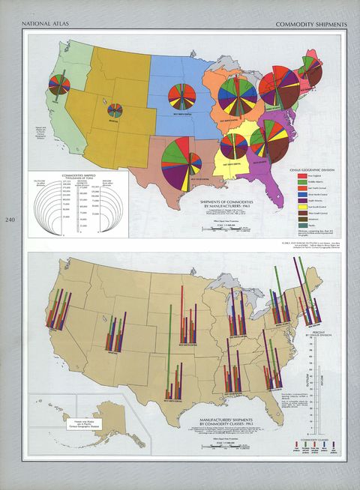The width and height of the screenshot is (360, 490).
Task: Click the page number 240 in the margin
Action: (x=9, y=220)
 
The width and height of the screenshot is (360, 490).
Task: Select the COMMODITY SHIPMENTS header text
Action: (x=309, y=25)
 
